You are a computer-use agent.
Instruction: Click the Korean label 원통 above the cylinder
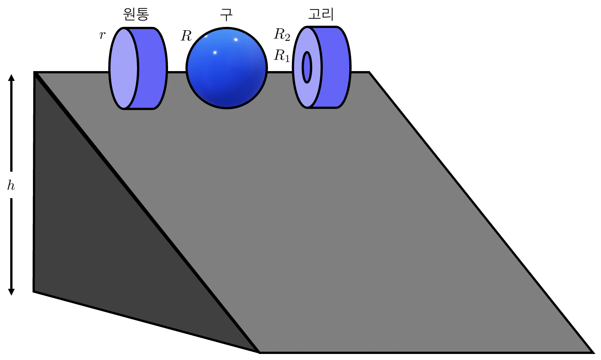(136, 14)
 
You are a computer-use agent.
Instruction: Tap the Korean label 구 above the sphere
(226, 14)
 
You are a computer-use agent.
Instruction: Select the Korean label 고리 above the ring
(321, 14)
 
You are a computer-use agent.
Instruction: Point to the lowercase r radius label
(102, 35)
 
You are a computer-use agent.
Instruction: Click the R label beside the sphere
(186, 36)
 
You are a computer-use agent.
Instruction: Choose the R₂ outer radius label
(282, 34)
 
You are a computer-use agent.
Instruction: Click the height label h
(11, 185)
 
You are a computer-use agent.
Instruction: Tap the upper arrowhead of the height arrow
(11, 78)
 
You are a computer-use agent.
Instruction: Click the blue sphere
(227, 76)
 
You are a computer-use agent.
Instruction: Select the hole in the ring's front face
(307, 67)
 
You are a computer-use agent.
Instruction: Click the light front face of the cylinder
(123, 68)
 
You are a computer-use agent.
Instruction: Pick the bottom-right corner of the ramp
(593, 352)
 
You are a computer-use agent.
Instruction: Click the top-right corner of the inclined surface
(369, 72)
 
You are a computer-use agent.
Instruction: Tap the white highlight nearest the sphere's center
(215, 53)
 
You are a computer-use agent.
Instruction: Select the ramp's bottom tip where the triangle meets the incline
(259, 352)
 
